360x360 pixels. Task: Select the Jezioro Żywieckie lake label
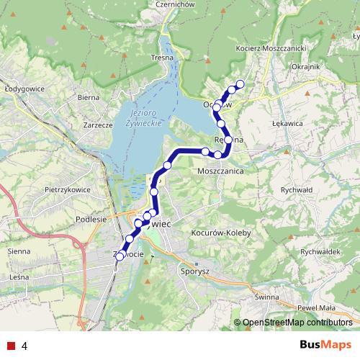point(145,120)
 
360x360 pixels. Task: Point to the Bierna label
point(88,96)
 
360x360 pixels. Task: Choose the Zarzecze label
point(98,125)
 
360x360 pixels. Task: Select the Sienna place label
point(19,251)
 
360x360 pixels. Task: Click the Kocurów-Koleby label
point(220,233)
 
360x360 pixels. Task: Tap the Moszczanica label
point(220,173)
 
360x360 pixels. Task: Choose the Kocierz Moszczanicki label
point(271,48)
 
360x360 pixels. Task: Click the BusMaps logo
point(325,346)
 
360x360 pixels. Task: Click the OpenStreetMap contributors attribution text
point(295,323)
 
